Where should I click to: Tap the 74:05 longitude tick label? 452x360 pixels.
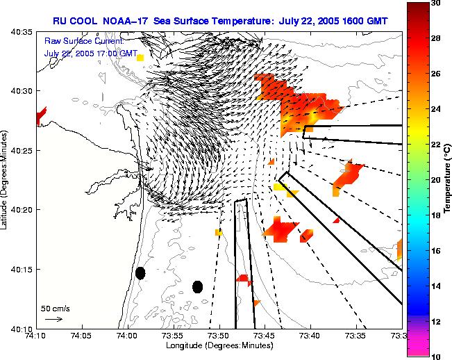click(81, 335)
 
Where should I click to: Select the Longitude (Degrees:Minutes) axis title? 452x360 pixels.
click(219, 345)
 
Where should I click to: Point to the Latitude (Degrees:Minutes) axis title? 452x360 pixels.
click(5, 180)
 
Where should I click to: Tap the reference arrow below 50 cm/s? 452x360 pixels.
click(53, 319)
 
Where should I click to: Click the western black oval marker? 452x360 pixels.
click(140, 273)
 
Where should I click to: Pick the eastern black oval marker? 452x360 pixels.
click(197, 286)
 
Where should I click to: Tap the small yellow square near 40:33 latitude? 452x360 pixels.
click(140, 58)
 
